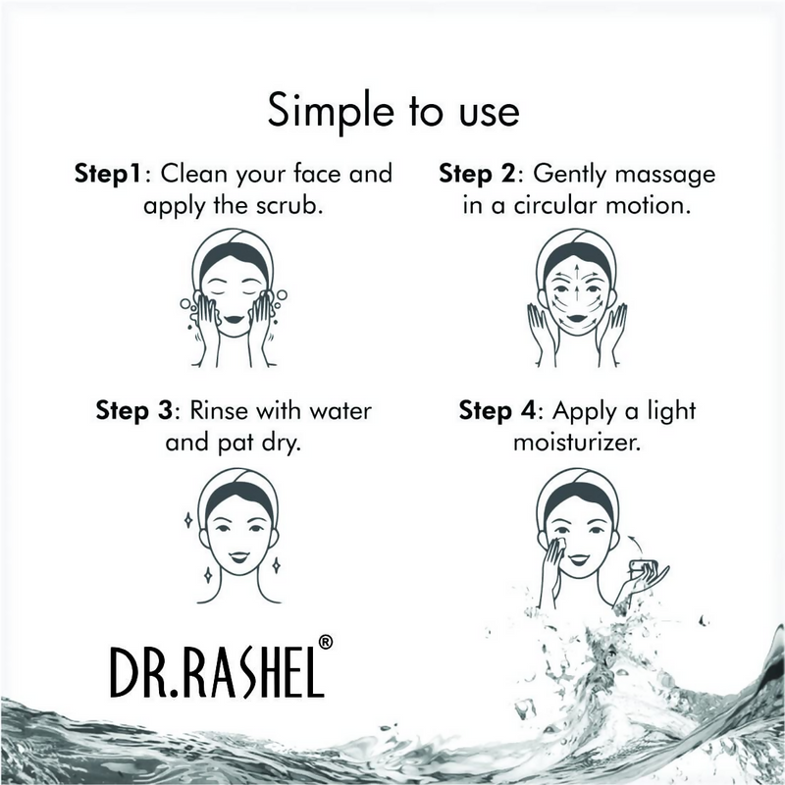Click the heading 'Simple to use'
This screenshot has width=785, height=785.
[392, 111]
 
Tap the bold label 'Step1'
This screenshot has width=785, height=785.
[110, 174]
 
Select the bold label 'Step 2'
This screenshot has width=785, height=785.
[480, 174]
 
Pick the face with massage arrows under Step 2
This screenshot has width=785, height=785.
[576, 290]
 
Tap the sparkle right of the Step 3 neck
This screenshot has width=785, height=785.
[277, 564]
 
